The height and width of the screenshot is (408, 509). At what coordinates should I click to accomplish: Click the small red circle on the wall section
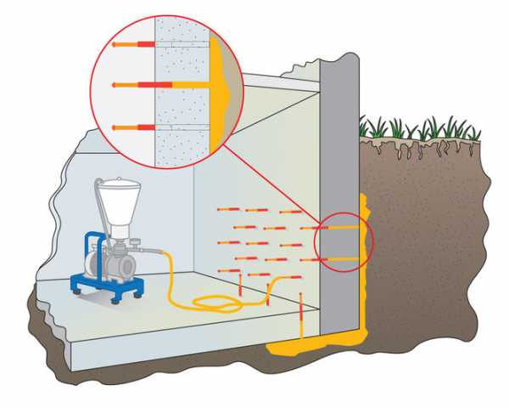(x=343, y=242)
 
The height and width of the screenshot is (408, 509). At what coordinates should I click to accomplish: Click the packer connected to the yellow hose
(x=270, y=293)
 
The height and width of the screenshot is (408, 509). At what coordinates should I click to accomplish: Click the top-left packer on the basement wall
(x=224, y=208)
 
